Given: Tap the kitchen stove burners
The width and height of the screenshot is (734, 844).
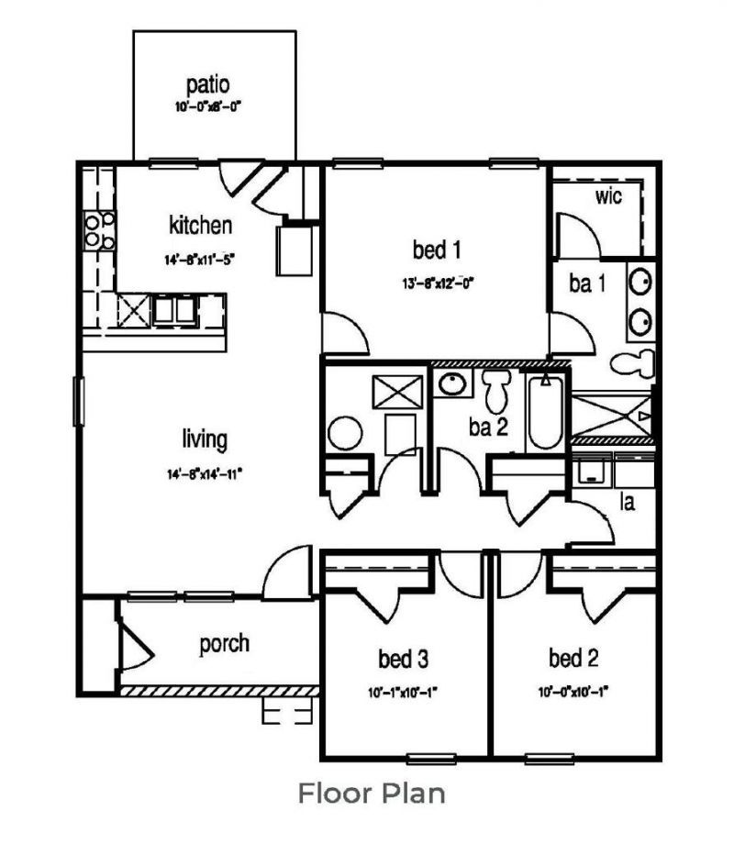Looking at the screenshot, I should coord(99,229).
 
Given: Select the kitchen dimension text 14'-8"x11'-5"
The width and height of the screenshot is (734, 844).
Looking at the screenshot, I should coord(200,259).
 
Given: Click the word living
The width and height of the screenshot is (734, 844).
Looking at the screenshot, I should coord(204,439).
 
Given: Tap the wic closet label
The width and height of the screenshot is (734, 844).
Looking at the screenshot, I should coord(609,195).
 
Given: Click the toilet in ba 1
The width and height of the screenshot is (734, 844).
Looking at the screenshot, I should coord(634,361).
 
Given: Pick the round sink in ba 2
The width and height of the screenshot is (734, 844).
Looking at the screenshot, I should coord(450,384).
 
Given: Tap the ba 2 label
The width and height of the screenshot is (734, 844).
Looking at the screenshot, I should coord(489,428).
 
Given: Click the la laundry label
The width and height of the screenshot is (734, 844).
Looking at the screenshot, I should coord(628,502).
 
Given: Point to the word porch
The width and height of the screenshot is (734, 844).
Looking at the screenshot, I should coord(224,643).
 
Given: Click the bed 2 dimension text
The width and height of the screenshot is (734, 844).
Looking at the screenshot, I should coord(573,693).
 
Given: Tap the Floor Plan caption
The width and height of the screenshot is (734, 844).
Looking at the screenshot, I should coord(372,793).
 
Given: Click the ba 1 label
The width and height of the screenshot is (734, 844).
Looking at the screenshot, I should coord(587,284).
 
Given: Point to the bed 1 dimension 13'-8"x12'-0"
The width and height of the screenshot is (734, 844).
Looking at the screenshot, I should coord(436,282).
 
